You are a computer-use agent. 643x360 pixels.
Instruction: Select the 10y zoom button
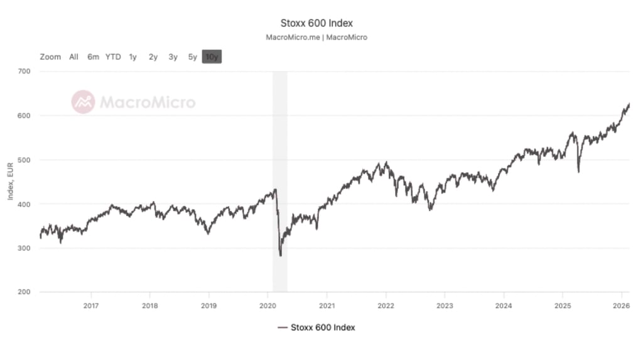click(212, 57)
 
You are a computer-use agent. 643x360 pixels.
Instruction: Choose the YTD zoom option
click(113, 57)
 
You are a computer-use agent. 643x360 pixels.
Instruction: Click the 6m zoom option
click(93, 57)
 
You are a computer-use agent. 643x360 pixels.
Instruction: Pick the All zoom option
click(73, 57)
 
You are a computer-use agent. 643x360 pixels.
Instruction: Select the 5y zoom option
click(192, 57)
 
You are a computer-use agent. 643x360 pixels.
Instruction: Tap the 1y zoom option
click(132, 57)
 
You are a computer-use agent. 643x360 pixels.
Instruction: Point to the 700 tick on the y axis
click(24, 72)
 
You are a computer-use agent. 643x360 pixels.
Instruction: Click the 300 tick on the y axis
click(24, 248)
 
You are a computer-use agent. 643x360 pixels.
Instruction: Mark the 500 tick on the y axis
click(24, 160)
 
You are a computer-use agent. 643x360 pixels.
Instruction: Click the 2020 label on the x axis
click(268, 305)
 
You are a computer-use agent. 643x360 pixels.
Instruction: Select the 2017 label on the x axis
click(92, 305)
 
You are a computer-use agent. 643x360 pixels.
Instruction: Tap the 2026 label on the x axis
click(621, 305)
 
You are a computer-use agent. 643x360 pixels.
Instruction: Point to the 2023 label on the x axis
click(445, 305)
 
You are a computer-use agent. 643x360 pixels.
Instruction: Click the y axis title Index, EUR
click(10, 182)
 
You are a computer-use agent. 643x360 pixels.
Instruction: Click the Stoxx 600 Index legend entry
click(316, 327)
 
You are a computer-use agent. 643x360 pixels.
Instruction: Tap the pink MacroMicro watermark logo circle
click(83, 102)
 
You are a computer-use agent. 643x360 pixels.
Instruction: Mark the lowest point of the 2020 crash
click(280, 255)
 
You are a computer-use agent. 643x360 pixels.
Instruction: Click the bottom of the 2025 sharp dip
click(578, 172)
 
